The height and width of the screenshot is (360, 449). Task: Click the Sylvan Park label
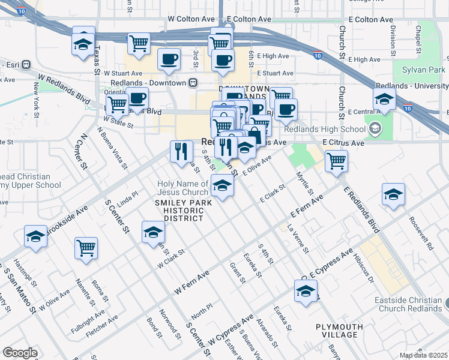424,70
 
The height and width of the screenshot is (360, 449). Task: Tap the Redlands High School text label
324,130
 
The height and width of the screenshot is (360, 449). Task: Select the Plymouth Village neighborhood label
340,331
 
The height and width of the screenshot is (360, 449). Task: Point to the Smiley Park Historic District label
179,211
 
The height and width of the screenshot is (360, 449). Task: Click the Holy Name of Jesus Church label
182,188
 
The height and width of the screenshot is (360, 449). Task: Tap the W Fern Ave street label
192,281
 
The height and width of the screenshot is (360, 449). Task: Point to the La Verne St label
298,238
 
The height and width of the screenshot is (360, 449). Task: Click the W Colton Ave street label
191,19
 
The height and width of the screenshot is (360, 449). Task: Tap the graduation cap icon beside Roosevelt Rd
393,194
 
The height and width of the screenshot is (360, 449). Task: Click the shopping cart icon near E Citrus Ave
336,161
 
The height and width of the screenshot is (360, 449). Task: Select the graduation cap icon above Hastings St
35,236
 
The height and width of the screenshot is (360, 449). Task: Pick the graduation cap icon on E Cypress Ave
306,292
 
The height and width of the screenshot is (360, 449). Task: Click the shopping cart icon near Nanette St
86,247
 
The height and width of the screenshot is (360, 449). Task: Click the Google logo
20,353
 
